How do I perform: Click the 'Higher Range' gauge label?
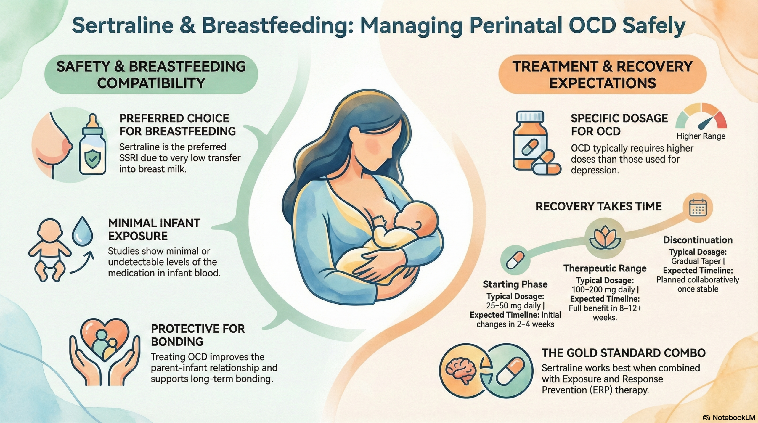[701, 136]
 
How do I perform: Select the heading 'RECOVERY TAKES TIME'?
[598, 206]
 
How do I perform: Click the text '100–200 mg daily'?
[603, 289]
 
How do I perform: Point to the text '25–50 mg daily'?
[513, 305]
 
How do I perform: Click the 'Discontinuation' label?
[698, 240]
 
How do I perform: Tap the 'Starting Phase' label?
[515, 284]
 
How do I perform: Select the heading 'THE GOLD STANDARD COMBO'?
[624, 353]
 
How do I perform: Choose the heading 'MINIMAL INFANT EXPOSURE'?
[154, 229]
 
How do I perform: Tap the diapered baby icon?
[50, 250]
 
